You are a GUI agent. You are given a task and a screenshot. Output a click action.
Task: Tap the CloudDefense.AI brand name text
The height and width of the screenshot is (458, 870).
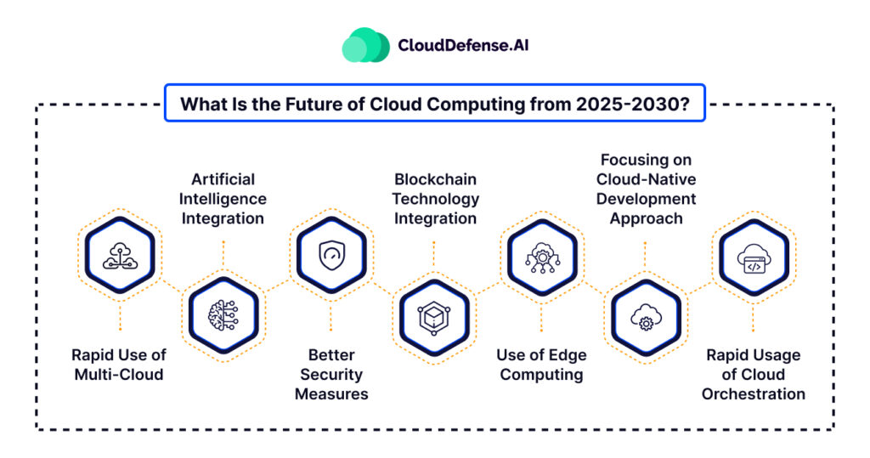(463, 45)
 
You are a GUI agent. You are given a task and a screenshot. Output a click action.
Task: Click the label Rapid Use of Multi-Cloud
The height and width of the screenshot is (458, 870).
(118, 365)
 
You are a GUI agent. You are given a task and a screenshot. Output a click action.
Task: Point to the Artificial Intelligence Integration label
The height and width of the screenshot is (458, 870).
(223, 199)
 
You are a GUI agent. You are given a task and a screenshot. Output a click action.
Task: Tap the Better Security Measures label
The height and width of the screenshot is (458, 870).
(330, 374)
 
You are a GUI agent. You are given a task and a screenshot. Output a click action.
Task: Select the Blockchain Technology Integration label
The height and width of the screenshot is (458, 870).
(435, 199)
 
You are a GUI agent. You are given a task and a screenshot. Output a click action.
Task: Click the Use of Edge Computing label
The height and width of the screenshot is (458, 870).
(541, 365)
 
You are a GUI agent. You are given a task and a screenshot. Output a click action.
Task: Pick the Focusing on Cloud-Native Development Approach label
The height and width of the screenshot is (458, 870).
(646, 189)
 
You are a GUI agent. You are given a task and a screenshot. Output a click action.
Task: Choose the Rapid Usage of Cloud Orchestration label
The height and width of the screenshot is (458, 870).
(753, 374)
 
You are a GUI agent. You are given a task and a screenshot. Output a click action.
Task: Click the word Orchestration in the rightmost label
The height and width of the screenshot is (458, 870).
(753, 394)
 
